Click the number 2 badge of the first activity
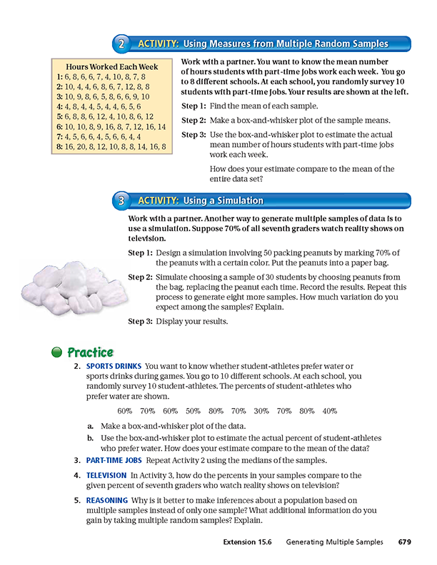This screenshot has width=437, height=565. (124, 44)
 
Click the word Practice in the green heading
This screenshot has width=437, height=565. (90, 352)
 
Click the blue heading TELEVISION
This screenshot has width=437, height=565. (107, 474)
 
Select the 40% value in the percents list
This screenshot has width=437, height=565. (329, 411)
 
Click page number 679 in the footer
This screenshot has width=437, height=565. (404, 543)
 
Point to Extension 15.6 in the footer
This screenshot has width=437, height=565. (248, 543)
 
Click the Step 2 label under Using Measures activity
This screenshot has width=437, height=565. (193, 120)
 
